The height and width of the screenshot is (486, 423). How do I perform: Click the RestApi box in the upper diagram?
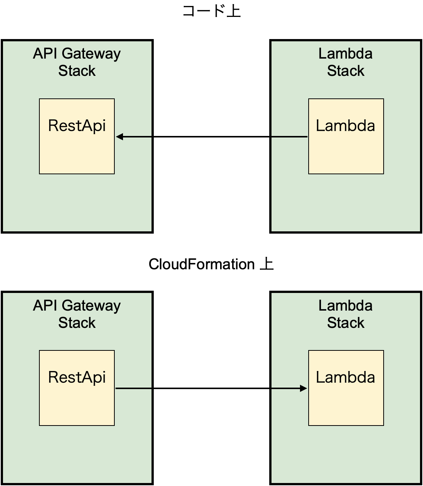pos(77,150)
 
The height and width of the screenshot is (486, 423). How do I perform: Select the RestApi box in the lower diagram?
pos(77,402)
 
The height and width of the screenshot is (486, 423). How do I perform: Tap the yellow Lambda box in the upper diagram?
pos(346,150)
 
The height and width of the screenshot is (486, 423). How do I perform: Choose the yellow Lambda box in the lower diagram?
pos(346,402)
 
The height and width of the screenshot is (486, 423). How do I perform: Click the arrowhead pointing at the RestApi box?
pos(120,137)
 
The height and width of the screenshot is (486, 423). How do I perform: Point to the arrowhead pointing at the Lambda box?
pos(303,388)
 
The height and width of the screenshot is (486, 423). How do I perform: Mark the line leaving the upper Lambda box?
pos(289,137)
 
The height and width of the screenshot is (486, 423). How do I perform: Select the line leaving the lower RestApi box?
pos(133,388)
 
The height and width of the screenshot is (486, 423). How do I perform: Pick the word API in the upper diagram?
pos(45,54)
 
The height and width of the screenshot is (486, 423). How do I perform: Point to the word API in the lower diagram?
pos(45,306)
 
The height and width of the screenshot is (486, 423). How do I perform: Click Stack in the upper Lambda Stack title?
pos(345,71)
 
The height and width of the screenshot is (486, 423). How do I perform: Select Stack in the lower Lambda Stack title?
pos(345,323)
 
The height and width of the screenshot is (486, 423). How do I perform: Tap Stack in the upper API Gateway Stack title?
pos(77,71)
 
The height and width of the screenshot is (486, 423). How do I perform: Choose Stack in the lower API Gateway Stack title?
pos(77,323)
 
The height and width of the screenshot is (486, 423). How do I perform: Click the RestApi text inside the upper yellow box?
pos(77,126)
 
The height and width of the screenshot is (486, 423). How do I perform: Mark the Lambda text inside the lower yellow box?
pos(345,377)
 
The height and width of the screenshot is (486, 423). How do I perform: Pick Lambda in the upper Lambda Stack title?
pos(345,54)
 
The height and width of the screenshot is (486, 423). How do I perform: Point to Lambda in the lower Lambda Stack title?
pos(345,306)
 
